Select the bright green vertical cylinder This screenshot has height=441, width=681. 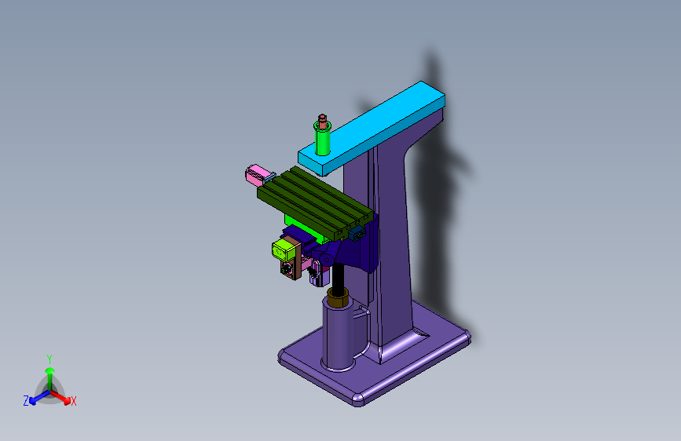[x=322, y=139]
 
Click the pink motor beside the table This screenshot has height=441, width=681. [x=256, y=175]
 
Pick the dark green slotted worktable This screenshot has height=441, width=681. [x=315, y=202]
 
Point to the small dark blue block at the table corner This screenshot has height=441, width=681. [x=357, y=234]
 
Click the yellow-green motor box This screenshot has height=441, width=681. [x=284, y=250]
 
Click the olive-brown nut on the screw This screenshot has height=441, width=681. [x=338, y=297]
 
